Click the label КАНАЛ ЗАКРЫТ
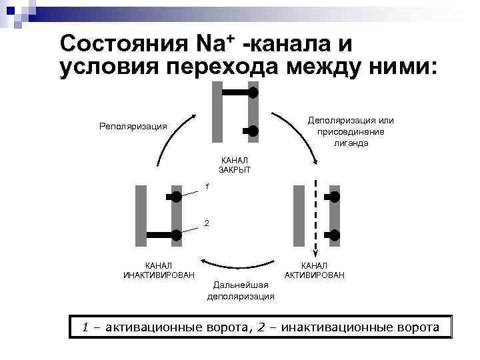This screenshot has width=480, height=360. [x=234, y=165]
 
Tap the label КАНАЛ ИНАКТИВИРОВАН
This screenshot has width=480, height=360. [x=159, y=271]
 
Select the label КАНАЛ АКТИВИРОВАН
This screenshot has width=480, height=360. [x=315, y=271]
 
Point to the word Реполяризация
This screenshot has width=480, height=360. [x=133, y=126]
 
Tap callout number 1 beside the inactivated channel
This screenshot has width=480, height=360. [x=207, y=186]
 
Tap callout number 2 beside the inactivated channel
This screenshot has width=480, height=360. [x=207, y=223]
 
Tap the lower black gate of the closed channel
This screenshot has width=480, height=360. [x=251, y=131]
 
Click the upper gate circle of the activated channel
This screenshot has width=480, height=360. [x=335, y=197]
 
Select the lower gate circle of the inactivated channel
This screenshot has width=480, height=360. [x=177, y=235]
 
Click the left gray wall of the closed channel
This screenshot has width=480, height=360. [x=217, y=112]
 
